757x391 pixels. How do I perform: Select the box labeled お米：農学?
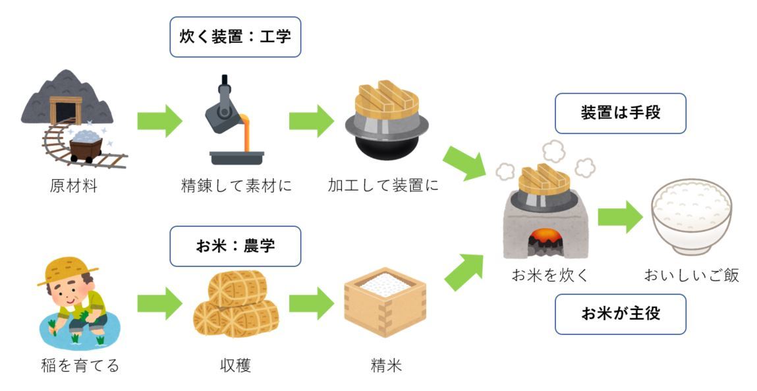(235, 247)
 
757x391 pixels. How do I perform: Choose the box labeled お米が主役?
(621, 314)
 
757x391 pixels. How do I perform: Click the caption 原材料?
(73, 187)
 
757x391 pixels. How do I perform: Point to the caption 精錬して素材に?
(236, 187)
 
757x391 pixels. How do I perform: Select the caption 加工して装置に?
(383, 187)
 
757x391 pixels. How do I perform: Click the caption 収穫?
(235, 365)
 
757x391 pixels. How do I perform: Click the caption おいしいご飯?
(691, 276)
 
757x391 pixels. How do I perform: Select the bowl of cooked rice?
(691, 214)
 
